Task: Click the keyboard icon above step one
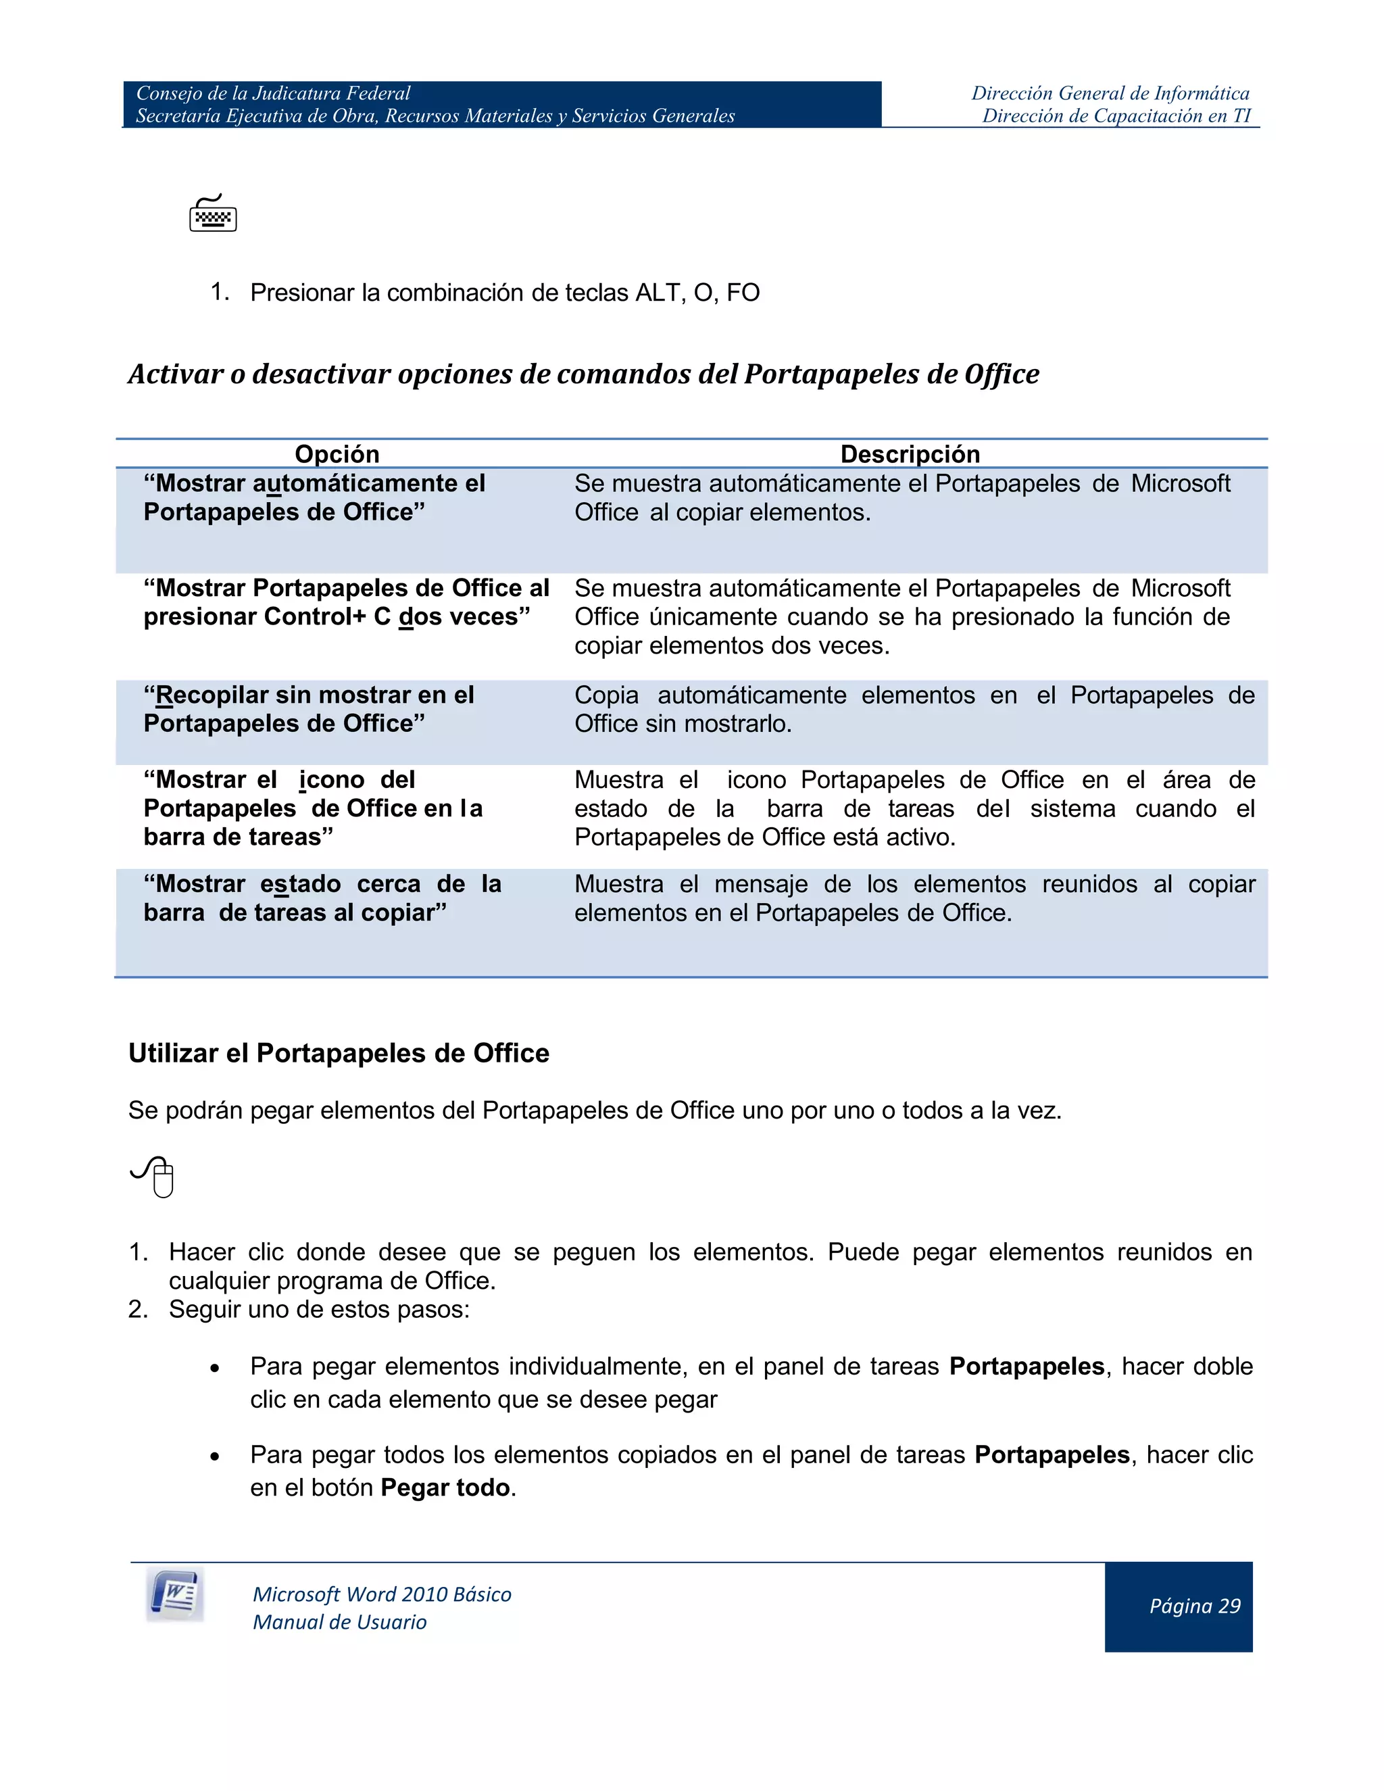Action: (213, 214)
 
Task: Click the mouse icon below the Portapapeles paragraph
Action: (154, 1177)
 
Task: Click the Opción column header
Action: (337, 454)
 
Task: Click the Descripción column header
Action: (910, 454)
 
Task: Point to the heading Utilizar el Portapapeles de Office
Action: (339, 1053)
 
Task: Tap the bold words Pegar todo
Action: (445, 1488)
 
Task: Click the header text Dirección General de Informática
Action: (1110, 93)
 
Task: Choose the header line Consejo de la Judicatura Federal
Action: (273, 93)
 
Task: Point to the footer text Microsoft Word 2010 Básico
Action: (382, 1594)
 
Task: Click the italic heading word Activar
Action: (176, 374)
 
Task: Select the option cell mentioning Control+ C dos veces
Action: (346, 603)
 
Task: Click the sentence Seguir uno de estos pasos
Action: (319, 1309)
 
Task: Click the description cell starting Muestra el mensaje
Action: (914, 898)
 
